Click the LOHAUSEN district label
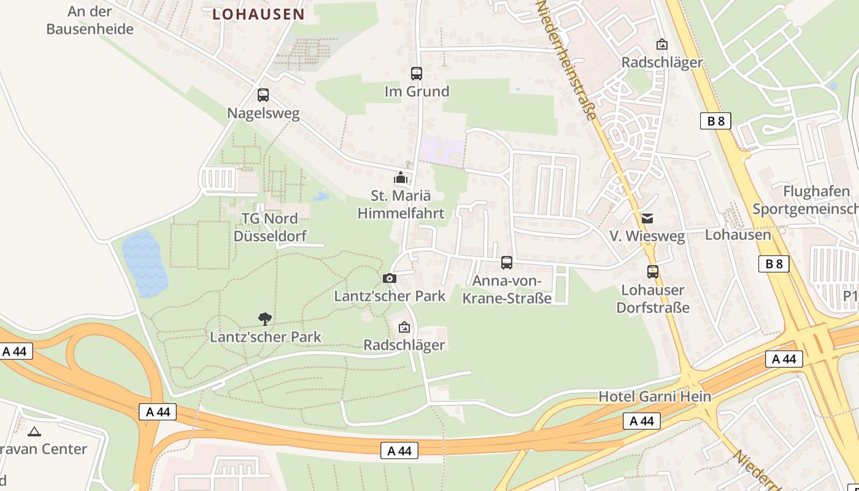258,14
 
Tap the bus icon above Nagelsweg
263,95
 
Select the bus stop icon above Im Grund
417,74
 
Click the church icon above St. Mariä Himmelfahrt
401,178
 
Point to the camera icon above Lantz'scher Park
389,278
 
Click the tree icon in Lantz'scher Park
265,319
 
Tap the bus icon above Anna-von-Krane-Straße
507,263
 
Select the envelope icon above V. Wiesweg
647,218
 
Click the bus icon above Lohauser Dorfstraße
653,271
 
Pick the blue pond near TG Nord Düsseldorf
144,263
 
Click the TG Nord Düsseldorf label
269,227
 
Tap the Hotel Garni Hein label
655,396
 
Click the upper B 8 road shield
715,121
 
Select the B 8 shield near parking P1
774,264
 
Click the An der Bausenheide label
90,20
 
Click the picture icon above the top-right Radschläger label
661,44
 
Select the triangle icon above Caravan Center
34,431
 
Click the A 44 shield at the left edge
15,351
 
